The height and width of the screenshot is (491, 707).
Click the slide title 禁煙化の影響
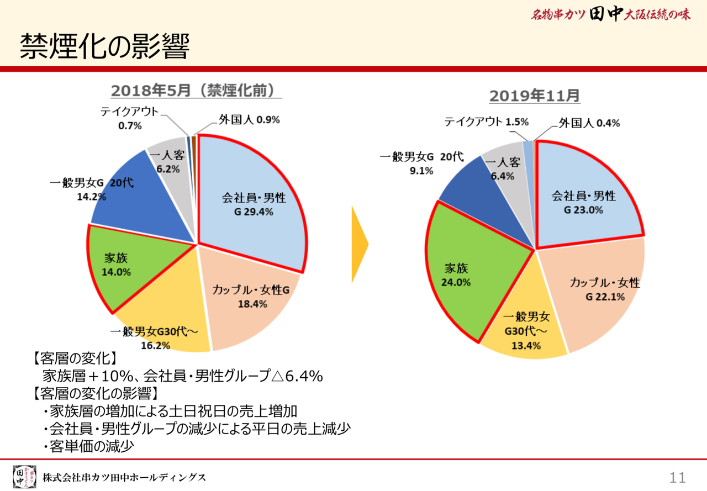[x=104, y=47]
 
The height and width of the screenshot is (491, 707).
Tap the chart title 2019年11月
[x=534, y=96]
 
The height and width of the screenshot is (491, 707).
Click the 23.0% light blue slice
[x=585, y=199]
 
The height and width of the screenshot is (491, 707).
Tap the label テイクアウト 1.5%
[x=486, y=122]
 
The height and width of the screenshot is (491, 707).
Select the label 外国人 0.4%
[x=588, y=123]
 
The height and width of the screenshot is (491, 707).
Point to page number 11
[x=677, y=477]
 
